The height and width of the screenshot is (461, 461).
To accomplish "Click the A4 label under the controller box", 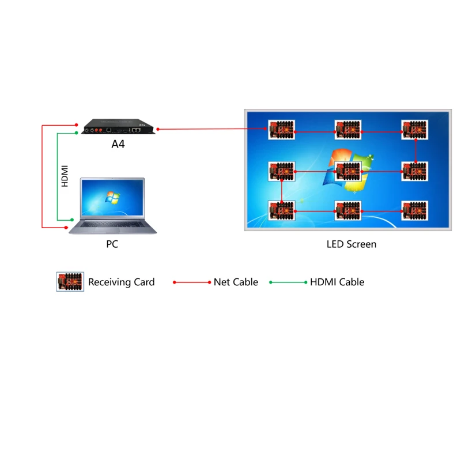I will (118, 143).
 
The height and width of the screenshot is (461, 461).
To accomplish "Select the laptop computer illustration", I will (112, 205).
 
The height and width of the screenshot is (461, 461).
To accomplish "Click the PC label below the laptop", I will (112, 244).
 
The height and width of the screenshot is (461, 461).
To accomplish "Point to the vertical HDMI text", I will (65, 176).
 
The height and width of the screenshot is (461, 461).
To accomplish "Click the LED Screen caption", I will (351, 244).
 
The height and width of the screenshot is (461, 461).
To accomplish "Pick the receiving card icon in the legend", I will (70, 282).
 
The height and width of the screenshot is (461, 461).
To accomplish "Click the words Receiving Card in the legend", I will (121, 282).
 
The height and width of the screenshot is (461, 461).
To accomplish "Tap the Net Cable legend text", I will (236, 282).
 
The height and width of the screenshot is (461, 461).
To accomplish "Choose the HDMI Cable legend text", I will (337, 282).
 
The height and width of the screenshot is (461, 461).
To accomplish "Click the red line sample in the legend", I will (192, 282).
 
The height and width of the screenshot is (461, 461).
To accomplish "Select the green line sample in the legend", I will (289, 282).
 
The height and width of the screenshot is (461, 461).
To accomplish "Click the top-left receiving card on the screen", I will (281, 130).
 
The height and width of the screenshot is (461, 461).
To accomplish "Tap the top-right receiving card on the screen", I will (415, 130).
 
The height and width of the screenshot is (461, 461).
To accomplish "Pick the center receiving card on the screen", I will (348, 171).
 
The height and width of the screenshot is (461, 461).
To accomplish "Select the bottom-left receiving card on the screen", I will (281, 210).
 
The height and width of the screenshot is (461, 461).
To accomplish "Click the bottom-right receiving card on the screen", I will (415, 210).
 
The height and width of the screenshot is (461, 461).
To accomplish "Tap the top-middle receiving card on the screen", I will (348, 130).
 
